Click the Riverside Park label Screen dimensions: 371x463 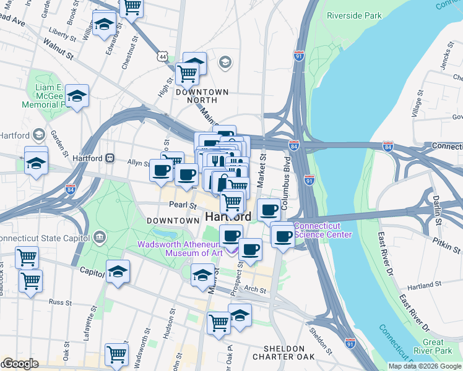click(x=353, y=15)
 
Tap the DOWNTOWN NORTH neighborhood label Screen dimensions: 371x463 click(x=202, y=96)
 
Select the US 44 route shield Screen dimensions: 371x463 click(x=162, y=56)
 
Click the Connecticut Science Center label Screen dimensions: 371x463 click(x=322, y=230)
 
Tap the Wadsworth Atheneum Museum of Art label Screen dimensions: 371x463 click(x=180, y=248)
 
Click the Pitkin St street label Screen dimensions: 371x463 click(x=446, y=245)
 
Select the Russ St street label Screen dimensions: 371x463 click(x=61, y=302)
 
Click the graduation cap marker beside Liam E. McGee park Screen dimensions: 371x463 click(x=77, y=96)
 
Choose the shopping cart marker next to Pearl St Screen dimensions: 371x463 click(x=232, y=201)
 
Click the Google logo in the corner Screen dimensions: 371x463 click(x=20, y=364)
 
